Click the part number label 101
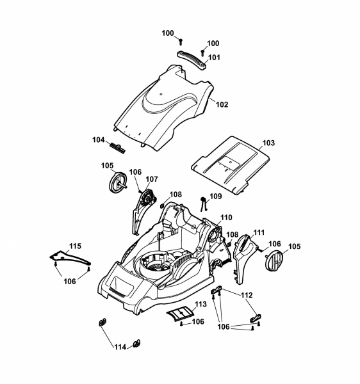pyautogui.click(x=214, y=58)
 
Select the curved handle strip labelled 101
pyautogui.click(x=192, y=60)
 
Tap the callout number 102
pyautogui.click(x=222, y=104)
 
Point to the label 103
pyautogui.click(x=269, y=143)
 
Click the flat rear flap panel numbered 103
pyautogui.click(x=230, y=165)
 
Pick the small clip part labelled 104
pyautogui.click(x=117, y=148)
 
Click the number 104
pyautogui.click(x=98, y=140)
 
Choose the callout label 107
pyautogui.click(x=152, y=179)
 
